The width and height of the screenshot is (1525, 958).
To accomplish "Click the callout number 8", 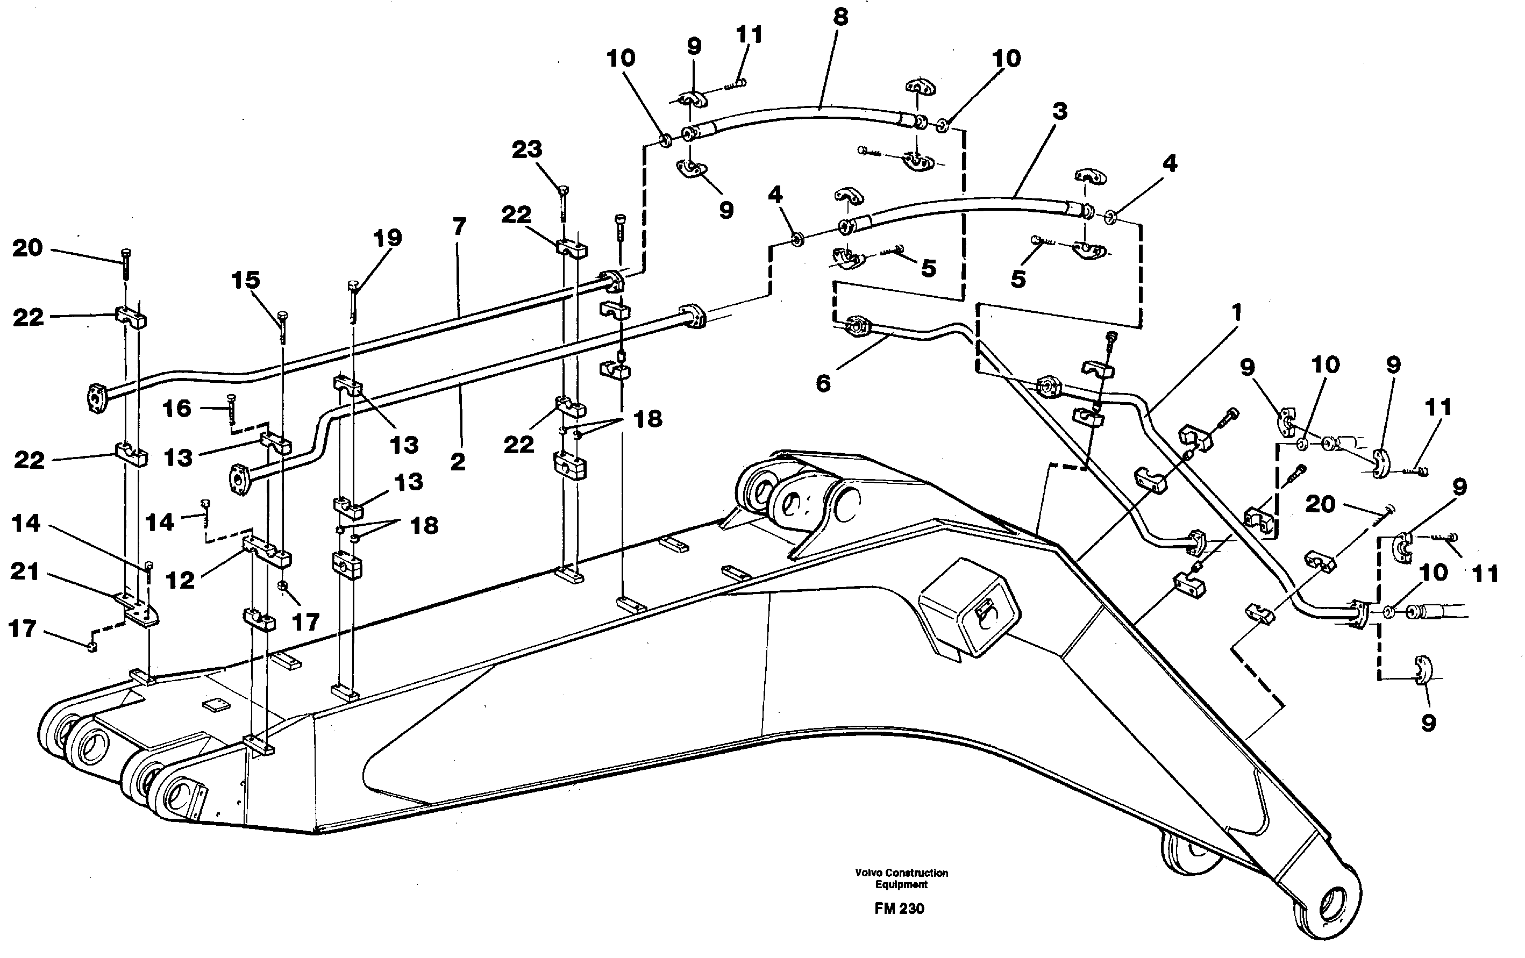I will [840, 18].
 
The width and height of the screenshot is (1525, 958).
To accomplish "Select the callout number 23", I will [527, 150].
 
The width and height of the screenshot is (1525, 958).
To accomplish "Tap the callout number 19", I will [387, 239].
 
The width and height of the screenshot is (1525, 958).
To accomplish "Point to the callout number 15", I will [246, 281].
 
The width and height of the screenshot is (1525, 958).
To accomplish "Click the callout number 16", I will [177, 409].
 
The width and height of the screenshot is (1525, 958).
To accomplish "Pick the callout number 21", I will [25, 572].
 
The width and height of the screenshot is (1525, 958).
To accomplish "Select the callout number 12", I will [180, 581].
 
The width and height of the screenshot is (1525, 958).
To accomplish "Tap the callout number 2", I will [458, 462].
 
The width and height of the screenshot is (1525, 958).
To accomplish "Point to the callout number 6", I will [823, 384].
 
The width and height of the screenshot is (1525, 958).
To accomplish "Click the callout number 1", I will [1236, 313].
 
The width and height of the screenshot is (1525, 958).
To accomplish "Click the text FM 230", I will [899, 909].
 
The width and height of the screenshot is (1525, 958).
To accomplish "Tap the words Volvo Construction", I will [901, 873].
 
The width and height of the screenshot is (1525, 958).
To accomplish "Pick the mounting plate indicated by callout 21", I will [139, 609].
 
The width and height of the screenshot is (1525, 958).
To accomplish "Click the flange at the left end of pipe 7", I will [96, 396].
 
